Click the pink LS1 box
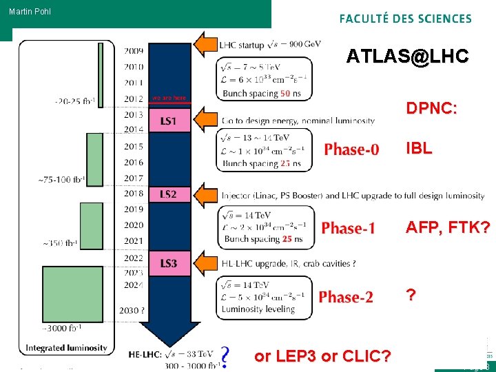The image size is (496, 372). click(x=168, y=121)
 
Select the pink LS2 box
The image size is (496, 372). click(x=168, y=194)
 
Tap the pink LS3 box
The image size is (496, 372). click(x=168, y=263)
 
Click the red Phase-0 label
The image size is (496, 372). click(x=351, y=149)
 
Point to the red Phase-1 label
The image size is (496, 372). click(x=349, y=228)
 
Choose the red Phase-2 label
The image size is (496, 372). click(x=346, y=297)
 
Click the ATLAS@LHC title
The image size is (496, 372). click(x=408, y=56)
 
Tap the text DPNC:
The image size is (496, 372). click(x=432, y=108)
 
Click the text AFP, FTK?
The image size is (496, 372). click(x=448, y=227)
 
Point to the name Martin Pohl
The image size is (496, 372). click(x=30, y=12)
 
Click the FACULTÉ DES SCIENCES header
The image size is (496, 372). click(x=405, y=19)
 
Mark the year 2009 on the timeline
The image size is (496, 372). click(x=134, y=50)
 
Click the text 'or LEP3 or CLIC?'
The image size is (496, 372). click(x=323, y=356)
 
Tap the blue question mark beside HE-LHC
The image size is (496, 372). click(x=224, y=355)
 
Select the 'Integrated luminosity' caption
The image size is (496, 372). click(x=67, y=348)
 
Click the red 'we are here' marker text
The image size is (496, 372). click(x=169, y=98)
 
